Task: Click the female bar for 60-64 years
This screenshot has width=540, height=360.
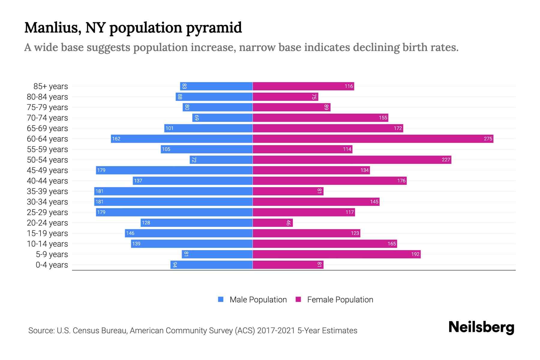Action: (x=373, y=139)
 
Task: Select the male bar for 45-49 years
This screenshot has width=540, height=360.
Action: (x=174, y=170)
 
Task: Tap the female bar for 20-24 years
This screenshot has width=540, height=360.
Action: (x=272, y=223)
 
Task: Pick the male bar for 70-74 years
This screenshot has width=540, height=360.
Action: (x=222, y=118)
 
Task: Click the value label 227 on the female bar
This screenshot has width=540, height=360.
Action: (x=446, y=160)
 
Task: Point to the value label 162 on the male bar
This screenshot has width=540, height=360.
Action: (x=116, y=139)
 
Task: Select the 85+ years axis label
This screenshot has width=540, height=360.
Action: (x=51, y=86)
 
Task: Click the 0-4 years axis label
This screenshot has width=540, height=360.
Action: (x=52, y=265)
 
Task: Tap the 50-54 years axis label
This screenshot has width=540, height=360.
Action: (x=47, y=160)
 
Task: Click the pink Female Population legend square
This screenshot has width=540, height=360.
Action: (x=298, y=299)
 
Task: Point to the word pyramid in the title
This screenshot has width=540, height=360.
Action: (x=214, y=28)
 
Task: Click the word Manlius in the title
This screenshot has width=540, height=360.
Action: (x=53, y=28)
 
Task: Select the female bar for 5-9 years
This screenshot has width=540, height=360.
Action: (x=336, y=254)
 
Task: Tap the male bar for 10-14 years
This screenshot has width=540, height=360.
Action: (x=192, y=244)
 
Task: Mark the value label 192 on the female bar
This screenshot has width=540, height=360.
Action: (x=415, y=254)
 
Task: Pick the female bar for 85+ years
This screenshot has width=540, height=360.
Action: (x=303, y=86)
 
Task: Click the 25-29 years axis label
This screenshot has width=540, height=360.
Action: (x=47, y=212)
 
